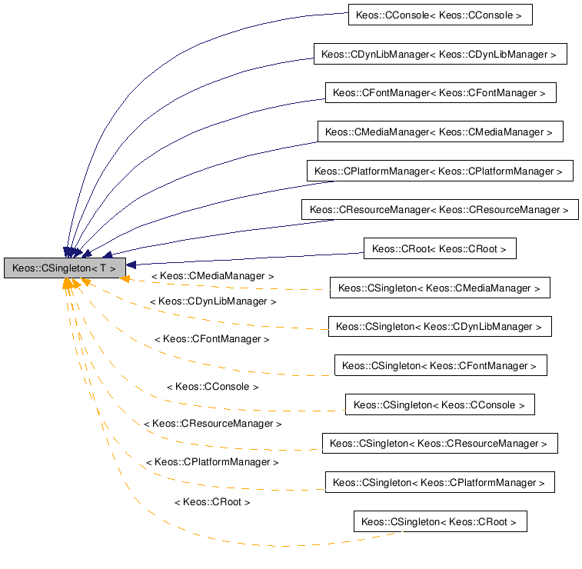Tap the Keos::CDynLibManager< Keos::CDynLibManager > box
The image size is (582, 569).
point(440,54)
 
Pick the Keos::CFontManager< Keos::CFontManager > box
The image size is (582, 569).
point(440,92)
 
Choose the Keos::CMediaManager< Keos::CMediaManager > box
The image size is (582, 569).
point(440,131)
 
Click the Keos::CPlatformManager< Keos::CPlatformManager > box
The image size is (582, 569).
point(440,171)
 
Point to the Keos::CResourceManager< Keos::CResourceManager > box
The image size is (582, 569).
point(440,209)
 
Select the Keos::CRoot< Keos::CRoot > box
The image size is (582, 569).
point(439,248)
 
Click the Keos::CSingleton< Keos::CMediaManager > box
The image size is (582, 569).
point(440,288)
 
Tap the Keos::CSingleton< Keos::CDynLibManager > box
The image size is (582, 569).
point(440,326)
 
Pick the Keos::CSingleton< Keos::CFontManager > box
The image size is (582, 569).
point(440,365)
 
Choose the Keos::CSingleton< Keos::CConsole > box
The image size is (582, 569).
point(439,404)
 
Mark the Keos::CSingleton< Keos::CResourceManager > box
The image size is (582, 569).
point(440,443)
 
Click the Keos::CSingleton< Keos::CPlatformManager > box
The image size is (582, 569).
point(439,482)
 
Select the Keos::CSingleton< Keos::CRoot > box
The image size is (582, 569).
point(440,521)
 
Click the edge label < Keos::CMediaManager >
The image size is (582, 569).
point(212,275)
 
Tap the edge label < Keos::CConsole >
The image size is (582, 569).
point(212,387)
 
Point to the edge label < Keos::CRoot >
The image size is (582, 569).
point(212,501)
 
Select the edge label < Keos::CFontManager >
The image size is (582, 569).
point(212,338)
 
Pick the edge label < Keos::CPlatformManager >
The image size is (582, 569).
point(212,462)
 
